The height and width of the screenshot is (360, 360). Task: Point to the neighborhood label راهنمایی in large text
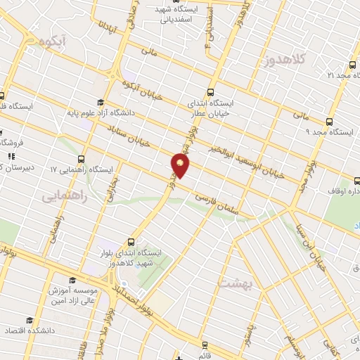point(64,197)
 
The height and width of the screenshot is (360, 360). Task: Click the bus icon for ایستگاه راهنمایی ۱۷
point(82,159)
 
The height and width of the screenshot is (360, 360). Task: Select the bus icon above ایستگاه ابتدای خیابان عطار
point(212,91)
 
